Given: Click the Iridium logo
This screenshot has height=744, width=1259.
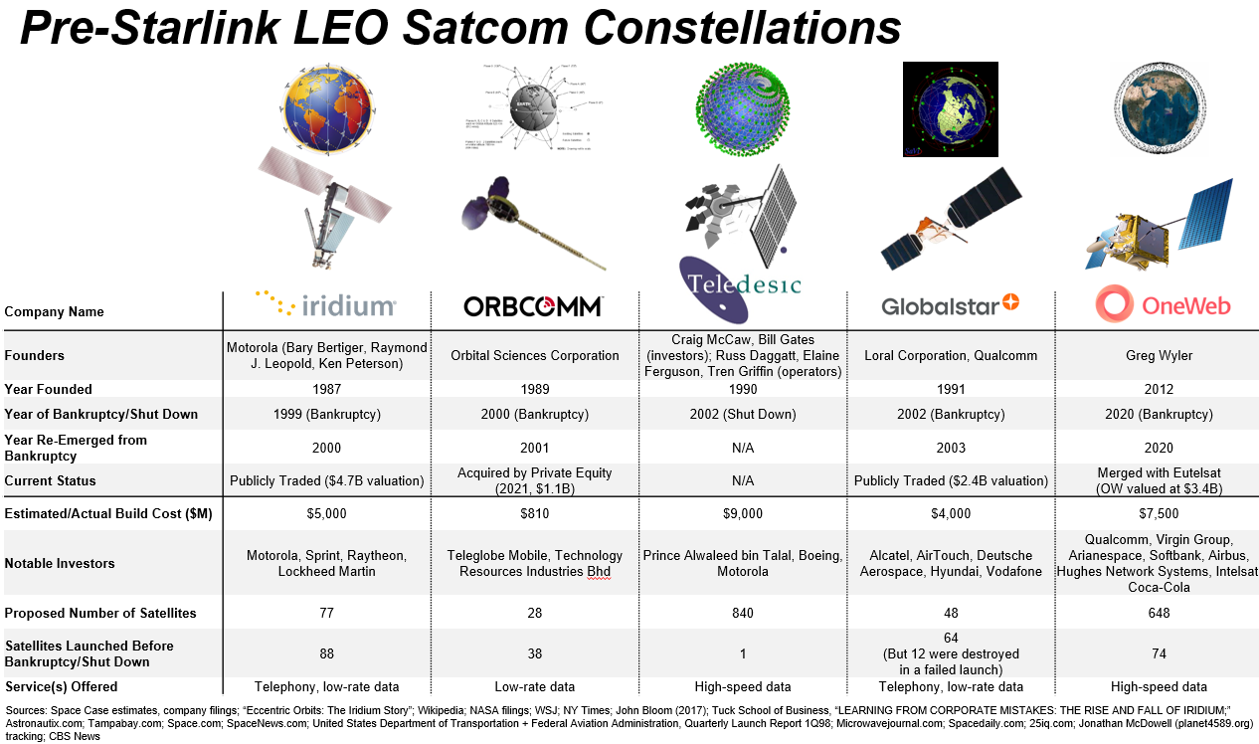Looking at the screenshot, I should click(x=325, y=304).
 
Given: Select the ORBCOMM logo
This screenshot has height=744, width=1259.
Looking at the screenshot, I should click(x=533, y=306).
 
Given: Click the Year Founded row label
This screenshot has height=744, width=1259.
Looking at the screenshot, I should click(x=49, y=389).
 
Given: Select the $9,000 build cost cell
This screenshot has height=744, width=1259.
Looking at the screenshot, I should click(x=743, y=513).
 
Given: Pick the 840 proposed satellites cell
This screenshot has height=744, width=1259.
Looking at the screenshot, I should click(x=743, y=613).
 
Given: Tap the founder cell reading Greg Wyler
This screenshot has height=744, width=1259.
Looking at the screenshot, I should click(x=1158, y=355).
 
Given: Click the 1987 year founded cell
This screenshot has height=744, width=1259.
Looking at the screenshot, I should click(x=327, y=389).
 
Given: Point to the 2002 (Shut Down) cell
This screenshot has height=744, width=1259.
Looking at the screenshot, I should click(x=743, y=414).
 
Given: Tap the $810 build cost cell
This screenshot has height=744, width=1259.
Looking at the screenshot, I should click(x=534, y=513).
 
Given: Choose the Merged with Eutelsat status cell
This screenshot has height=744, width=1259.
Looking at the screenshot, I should click(x=1158, y=480).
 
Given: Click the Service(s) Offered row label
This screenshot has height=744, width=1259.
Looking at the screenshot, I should click(x=61, y=686).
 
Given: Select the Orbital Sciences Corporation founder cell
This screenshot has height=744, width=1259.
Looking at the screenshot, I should click(x=534, y=355).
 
